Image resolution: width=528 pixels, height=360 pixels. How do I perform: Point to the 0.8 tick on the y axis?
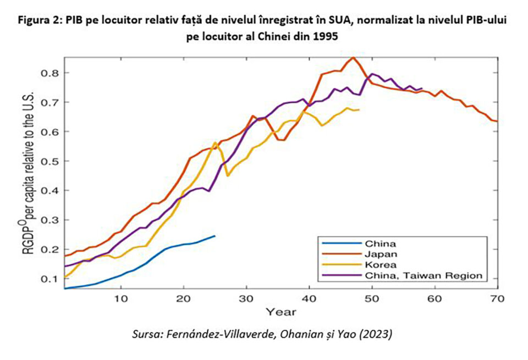[x=51, y=73]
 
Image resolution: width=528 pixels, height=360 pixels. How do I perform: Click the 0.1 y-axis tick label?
[x=51, y=279]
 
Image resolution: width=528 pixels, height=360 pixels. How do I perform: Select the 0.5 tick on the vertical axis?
[x=51, y=161]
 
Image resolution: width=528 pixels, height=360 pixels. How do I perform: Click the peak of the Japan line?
[x=354, y=57]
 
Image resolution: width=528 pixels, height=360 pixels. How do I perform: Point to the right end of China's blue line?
[x=215, y=236]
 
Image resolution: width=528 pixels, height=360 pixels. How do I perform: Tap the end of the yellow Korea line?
[x=359, y=110]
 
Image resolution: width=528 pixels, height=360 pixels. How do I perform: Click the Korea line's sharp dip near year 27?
[x=228, y=175]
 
